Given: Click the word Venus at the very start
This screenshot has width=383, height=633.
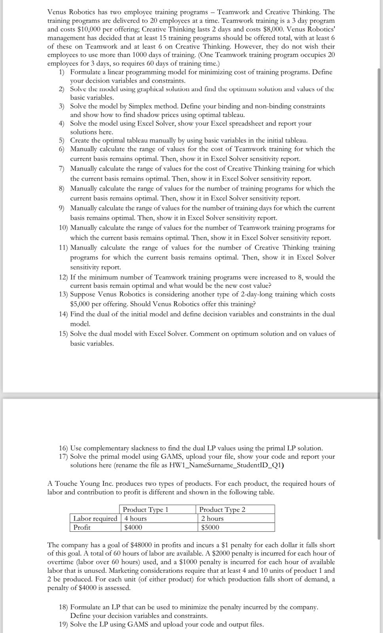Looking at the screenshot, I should (x=57, y=12).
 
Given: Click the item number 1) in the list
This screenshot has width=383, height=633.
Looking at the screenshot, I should (x=62, y=72).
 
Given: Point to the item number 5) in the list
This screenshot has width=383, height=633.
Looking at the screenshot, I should (x=62, y=140).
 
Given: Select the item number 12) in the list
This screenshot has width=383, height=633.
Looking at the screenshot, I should (x=64, y=277).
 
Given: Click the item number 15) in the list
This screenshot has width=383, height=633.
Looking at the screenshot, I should (x=64, y=334).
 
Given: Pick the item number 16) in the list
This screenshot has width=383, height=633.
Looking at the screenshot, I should (x=64, y=448).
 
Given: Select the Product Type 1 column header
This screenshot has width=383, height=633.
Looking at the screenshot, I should (x=146, y=510).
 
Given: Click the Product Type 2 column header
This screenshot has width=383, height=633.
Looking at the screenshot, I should (x=222, y=510).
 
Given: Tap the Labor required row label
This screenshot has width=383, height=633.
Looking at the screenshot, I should (x=95, y=519).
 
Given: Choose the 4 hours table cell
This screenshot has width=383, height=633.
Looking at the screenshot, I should (x=135, y=519).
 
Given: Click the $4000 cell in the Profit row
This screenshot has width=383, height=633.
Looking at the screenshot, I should (x=133, y=527).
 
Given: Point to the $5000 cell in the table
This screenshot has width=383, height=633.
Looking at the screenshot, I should (x=210, y=527).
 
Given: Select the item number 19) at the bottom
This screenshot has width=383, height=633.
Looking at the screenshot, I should (x=64, y=624).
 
